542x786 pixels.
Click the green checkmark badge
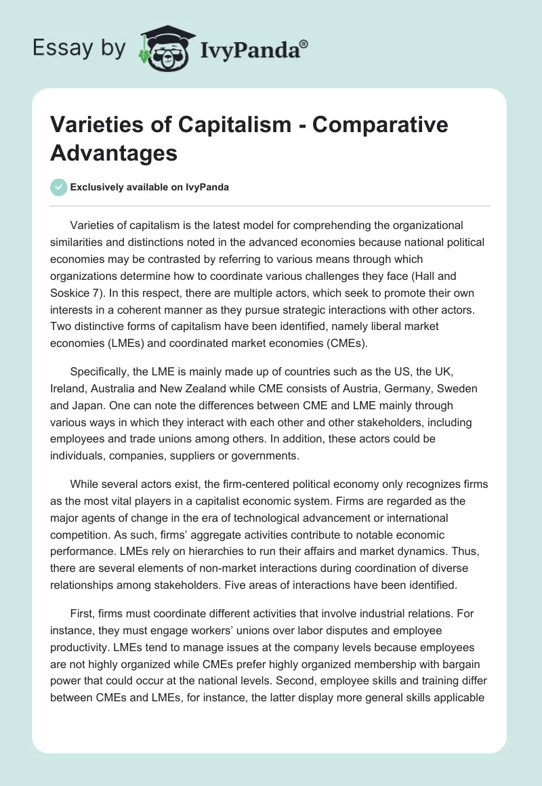(59, 187)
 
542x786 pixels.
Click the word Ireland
(70, 388)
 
